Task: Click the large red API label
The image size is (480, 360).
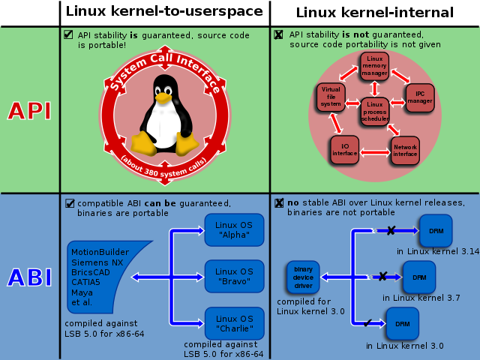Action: (x=29, y=110)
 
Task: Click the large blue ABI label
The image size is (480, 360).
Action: (x=29, y=277)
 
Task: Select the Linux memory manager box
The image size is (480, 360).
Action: (x=374, y=67)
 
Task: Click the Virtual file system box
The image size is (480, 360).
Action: (x=331, y=97)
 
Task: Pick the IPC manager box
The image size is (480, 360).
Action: (x=420, y=97)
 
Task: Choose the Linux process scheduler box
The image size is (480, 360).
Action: (x=374, y=111)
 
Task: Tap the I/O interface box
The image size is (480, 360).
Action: (x=345, y=150)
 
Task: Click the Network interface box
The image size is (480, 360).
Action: (x=405, y=150)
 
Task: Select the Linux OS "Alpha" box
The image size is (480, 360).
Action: (x=234, y=229)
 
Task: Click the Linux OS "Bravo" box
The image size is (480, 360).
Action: (x=234, y=276)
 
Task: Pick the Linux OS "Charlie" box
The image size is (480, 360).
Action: (x=234, y=323)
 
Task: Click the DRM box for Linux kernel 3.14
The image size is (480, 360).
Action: (x=436, y=230)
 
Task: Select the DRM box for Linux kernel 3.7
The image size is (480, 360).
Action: (x=418, y=277)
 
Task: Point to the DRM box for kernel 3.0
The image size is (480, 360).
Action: (x=402, y=323)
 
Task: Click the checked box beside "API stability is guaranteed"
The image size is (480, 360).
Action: (x=68, y=34)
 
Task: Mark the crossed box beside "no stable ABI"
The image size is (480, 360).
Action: (x=279, y=202)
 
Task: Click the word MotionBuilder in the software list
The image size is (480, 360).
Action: (x=100, y=252)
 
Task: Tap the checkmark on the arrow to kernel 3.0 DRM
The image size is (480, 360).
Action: (x=368, y=323)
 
